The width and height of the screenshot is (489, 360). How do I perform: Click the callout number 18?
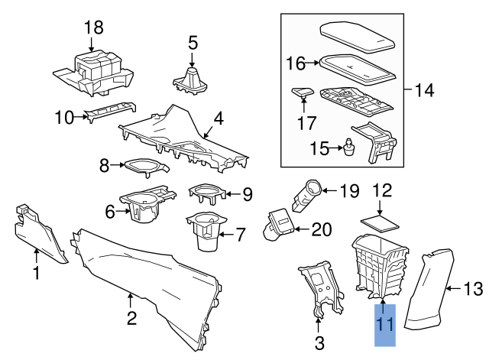tap(94, 28)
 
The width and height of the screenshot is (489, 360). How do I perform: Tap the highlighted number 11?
tap(385, 325)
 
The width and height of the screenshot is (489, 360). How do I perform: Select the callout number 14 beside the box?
tap(425, 90)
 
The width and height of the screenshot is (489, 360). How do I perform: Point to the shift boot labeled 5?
tap(191, 78)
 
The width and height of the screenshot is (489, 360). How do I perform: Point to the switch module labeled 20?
tap(279, 224)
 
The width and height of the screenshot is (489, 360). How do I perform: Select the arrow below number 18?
tap(91, 44)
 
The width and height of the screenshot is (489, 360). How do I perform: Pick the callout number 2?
tap(132, 317)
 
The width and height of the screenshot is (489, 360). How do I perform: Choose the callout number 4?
tap(219, 119)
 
